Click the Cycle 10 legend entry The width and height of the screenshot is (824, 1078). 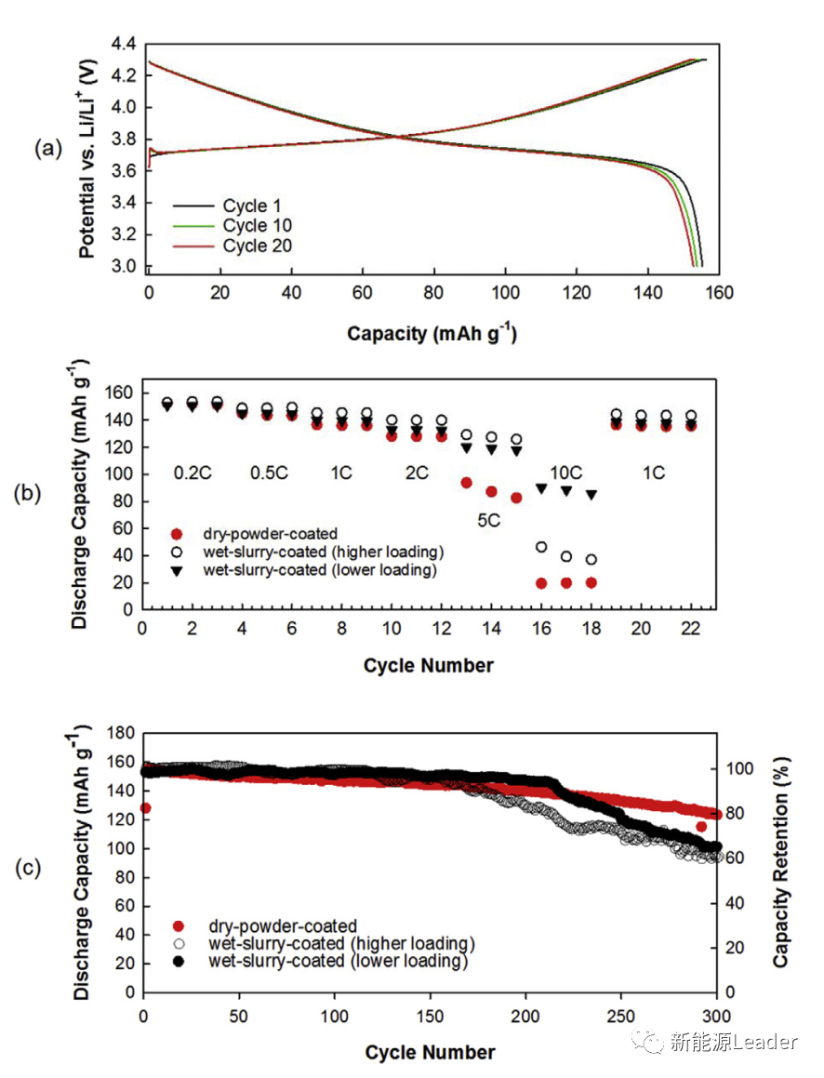257,226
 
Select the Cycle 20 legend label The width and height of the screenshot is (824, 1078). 257,246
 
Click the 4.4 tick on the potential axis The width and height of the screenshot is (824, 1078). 123,44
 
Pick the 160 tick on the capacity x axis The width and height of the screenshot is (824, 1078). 720,292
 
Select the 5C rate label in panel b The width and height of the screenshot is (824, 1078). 489,521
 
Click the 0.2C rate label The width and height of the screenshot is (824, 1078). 193,473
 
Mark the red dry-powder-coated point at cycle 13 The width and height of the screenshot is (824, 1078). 466,483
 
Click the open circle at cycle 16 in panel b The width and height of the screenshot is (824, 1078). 541,547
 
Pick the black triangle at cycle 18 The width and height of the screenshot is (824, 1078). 591,495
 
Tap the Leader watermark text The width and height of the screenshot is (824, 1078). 764,1043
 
